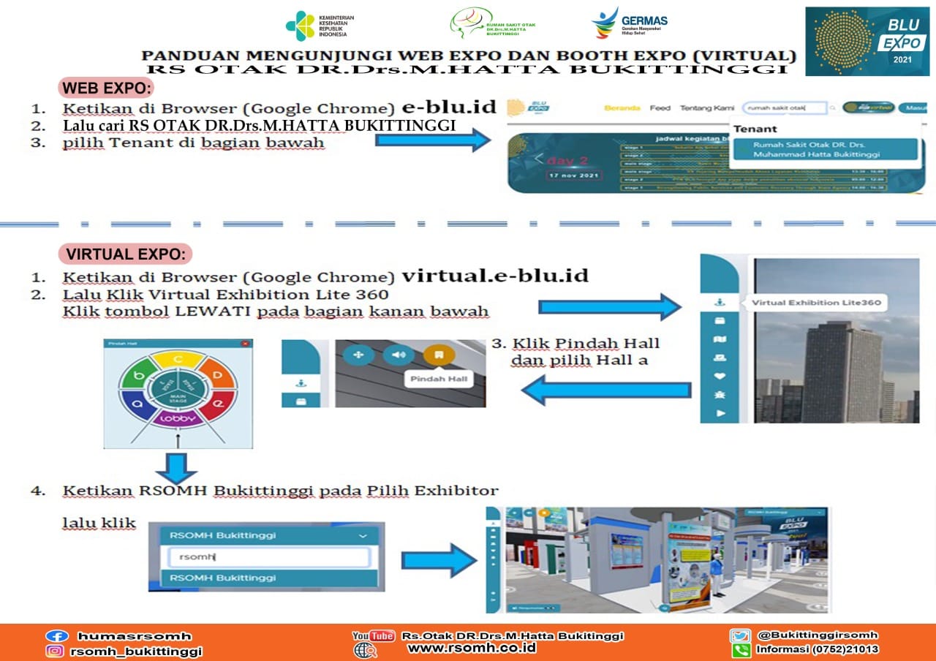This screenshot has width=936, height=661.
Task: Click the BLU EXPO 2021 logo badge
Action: [x=867, y=41]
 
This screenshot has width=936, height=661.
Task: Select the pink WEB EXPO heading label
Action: [x=107, y=88]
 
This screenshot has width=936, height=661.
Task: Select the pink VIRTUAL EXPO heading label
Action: [x=125, y=254]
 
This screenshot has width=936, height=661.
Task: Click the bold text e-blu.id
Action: [x=449, y=107]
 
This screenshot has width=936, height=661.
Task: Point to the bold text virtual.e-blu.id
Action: [x=495, y=276]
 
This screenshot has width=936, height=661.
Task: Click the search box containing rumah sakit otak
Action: [x=783, y=107]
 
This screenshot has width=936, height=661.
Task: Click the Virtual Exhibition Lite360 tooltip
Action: [x=815, y=302]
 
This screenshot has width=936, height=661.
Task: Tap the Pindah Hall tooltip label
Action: [x=438, y=379]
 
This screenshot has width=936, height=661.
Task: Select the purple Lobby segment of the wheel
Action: [x=178, y=418]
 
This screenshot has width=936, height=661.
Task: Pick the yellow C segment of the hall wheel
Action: [x=178, y=359]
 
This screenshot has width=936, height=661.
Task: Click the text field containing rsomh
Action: [x=268, y=557]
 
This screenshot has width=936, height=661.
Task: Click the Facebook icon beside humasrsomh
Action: [x=56, y=636]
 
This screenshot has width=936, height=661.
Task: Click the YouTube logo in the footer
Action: [x=373, y=635]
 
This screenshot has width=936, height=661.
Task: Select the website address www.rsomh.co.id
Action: [x=472, y=648]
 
